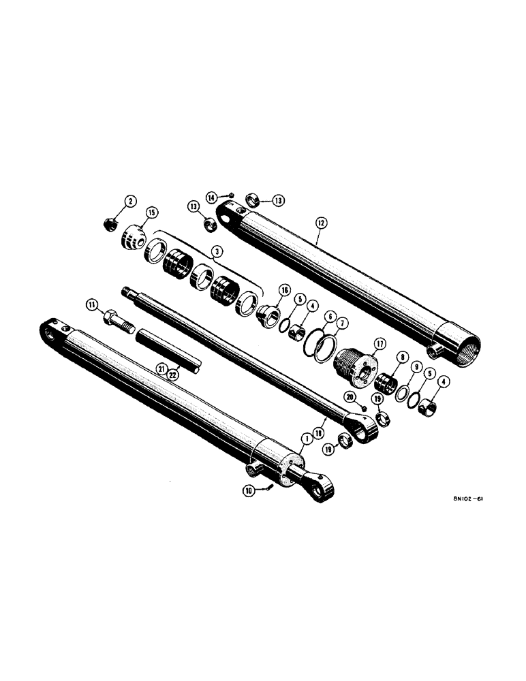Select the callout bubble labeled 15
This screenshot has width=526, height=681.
coord(150,213)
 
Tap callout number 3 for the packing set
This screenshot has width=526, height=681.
coord(216,252)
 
